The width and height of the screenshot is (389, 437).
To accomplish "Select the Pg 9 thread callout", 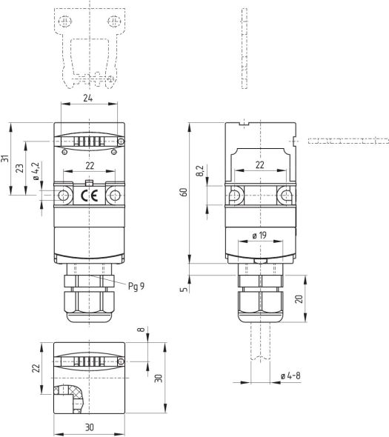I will [x=136, y=285].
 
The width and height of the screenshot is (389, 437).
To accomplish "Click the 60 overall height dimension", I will [x=184, y=193].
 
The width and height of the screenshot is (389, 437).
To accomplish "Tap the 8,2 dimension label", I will [x=199, y=173].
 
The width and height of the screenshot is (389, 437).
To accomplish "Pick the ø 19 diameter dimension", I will [x=259, y=236].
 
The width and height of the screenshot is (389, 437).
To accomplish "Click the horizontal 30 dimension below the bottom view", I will [x=89, y=428].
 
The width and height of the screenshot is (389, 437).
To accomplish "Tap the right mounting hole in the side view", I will [x=285, y=196].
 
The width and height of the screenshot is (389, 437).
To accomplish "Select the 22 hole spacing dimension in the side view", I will [x=259, y=165].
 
